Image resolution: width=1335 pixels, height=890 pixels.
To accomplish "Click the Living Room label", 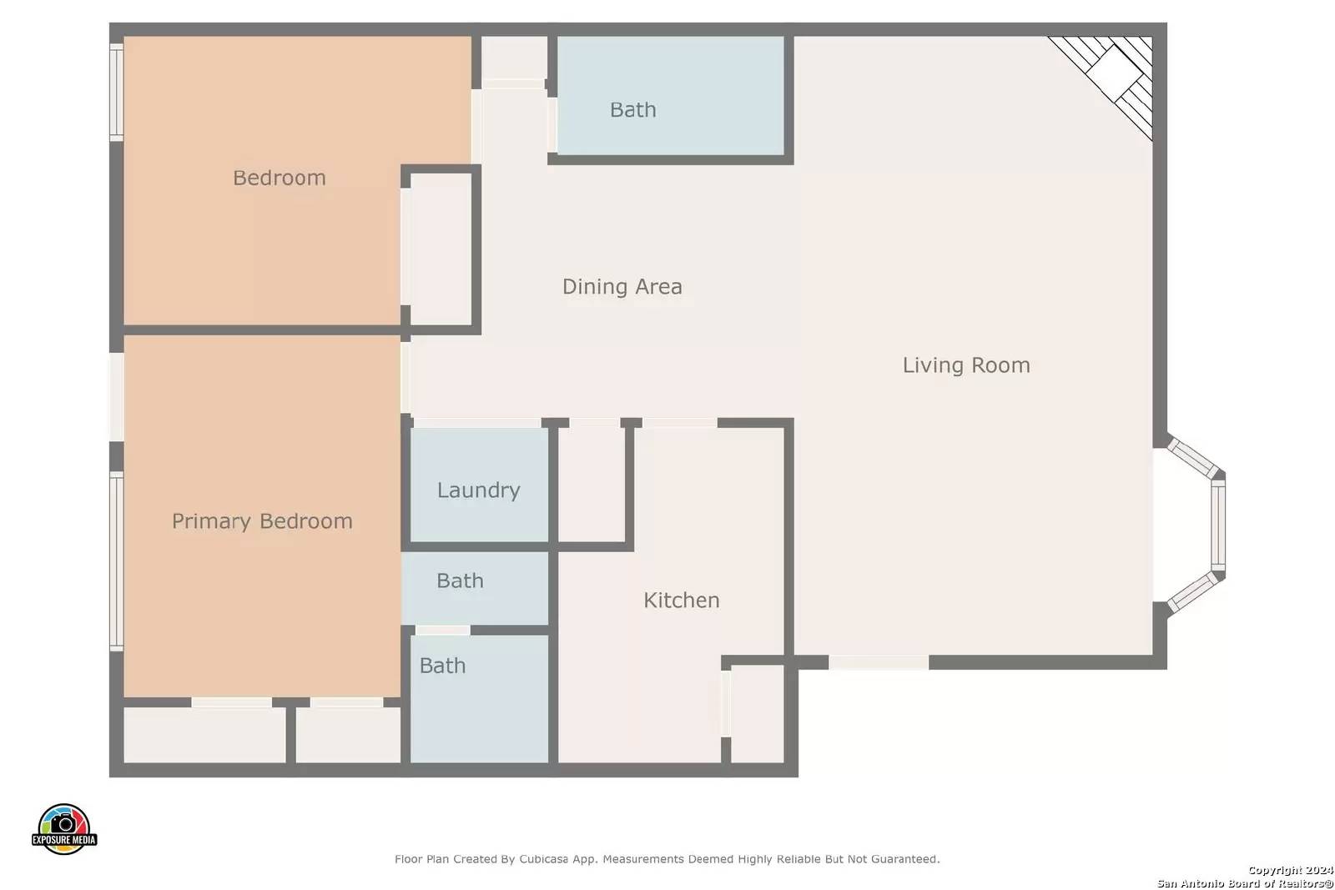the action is (966, 365).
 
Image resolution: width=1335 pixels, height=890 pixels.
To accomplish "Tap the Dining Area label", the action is (622, 287).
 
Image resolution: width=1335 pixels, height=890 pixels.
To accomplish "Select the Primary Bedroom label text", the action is (262, 521).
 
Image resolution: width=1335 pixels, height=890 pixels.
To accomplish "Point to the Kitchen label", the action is (682, 600).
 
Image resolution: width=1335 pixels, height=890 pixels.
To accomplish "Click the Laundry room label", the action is (479, 490).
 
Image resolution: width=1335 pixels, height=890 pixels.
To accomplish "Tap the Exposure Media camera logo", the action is (63, 828).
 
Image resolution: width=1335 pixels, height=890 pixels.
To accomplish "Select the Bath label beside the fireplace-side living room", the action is (633, 109).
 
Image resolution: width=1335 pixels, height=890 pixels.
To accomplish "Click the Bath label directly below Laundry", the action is (460, 581).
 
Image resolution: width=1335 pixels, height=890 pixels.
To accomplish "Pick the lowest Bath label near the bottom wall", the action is (442, 666).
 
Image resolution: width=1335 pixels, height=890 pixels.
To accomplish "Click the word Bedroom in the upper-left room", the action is (279, 178).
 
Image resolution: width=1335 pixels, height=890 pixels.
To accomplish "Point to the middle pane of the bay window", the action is (1218, 525).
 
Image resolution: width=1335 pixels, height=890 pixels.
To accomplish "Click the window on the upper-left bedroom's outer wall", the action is (116, 92).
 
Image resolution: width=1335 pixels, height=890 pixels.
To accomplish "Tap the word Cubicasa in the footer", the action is (543, 859).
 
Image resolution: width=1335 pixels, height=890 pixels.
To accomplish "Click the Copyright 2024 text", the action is (1290, 870).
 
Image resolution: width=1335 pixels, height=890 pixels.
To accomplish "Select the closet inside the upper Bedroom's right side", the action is (441, 249).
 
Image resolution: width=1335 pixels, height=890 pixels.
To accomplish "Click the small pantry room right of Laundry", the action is (592, 485).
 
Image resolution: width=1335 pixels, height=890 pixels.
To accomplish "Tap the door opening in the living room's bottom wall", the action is (879, 661).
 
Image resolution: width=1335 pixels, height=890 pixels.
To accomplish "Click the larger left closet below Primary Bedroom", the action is (204, 735).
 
